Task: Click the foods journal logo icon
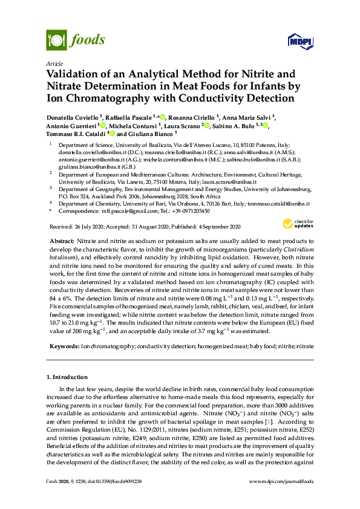pyautogui.click(x=56, y=41)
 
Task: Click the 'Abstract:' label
pyautogui.click(x=62, y=241)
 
